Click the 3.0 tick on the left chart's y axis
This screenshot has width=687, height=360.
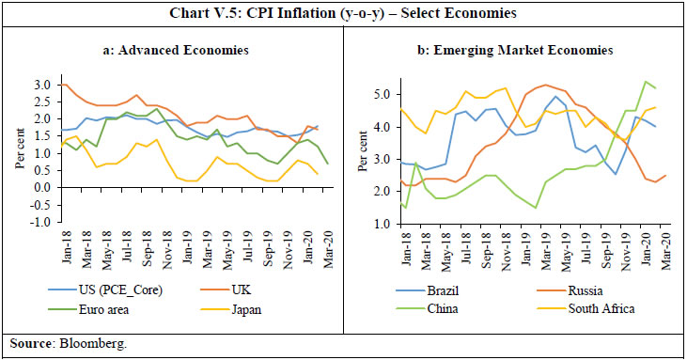pyautogui.click(x=44, y=85)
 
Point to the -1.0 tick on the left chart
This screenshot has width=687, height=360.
pyautogui.click(x=42, y=222)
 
